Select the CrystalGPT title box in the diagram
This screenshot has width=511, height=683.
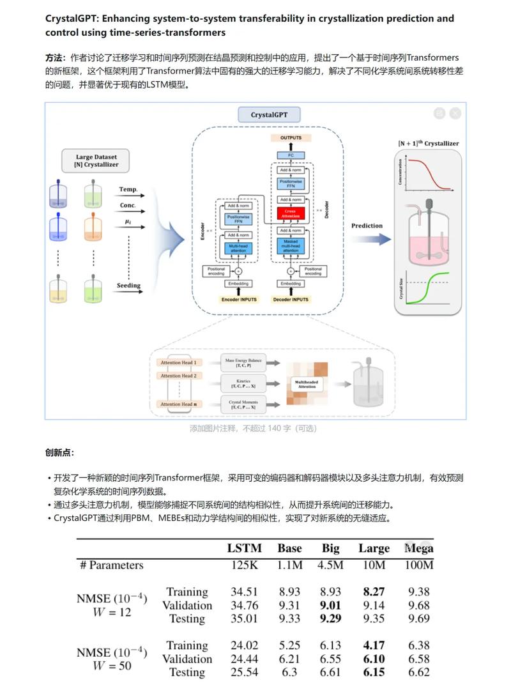coord(269,116)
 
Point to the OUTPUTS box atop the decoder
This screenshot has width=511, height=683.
coord(291,138)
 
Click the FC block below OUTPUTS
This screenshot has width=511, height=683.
coord(291,155)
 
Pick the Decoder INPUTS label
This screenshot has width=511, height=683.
coord(291,299)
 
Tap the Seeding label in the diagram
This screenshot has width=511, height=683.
coord(129,286)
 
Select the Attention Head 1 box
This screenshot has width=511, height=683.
coord(178,362)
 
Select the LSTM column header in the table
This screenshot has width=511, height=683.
coord(244,548)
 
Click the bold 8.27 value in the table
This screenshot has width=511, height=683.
coord(374,592)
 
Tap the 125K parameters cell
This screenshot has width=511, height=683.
coord(244,565)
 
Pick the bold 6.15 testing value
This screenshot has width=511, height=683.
coord(374,672)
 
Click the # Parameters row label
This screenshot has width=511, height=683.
coord(111,565)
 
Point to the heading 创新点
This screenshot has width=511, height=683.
coord(59,452)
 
